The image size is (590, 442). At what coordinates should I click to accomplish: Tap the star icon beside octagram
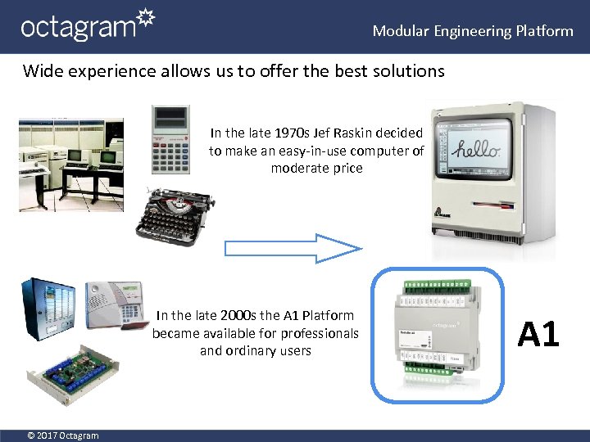tap(145, 19)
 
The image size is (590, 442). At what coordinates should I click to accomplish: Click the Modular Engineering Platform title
tap(473, 31)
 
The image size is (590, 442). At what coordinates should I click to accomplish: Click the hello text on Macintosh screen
tap(479, 151)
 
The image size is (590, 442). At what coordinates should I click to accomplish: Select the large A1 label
tap(538, 334)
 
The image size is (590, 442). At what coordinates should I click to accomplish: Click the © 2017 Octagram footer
tap(61, 435)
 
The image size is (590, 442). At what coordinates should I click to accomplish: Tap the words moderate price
tap(316, 169)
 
